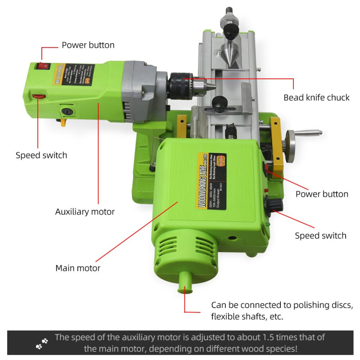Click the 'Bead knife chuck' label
click(x=316, y=98)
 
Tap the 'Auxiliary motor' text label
click(x=85, y=211)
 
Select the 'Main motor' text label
click(x=78, y=268)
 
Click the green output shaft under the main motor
click(x=184, y=284)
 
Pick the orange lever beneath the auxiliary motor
click(x=65, y=121)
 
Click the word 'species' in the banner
click(x=276, y=349)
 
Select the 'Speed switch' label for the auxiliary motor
click(x=41, y=155)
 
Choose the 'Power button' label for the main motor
click(x=322, y=194)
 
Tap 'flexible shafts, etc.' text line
click(x=247, y=316)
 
